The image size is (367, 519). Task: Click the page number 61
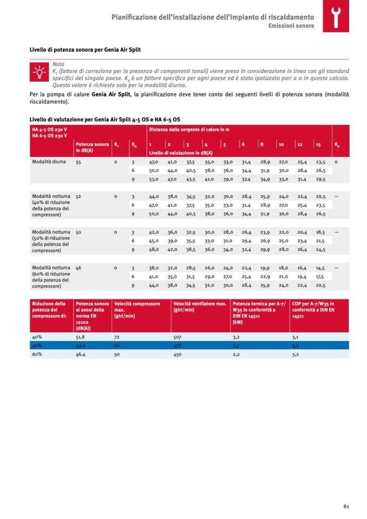coord(345,506)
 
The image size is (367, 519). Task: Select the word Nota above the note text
coord(57,64)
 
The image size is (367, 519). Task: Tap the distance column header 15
coord(319,145)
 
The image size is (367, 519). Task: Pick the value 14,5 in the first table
coord(320,267)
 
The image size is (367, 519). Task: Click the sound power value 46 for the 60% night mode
coord(78,267)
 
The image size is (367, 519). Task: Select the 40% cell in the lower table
coord(37,336)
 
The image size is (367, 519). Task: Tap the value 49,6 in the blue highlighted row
coord(81,345)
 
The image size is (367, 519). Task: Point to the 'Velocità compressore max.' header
coord(137,307)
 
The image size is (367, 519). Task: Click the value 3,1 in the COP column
coord(295,336)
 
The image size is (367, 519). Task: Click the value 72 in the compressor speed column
coord(116,336)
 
